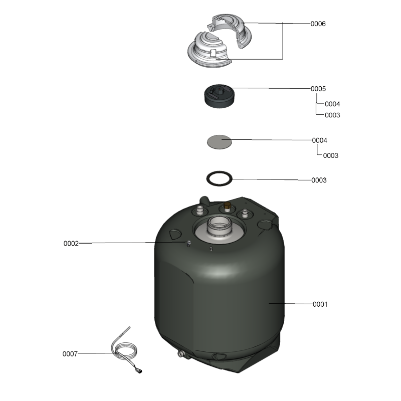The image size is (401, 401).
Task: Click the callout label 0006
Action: (318, 24)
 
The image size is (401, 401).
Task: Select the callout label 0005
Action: (318, 89)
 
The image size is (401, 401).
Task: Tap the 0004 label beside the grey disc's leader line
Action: (319, 140)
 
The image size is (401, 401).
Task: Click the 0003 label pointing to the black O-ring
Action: (319, 180)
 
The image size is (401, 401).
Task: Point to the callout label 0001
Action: (320, 304)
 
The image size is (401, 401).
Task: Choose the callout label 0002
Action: (71, 243)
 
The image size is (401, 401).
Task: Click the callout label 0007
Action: (70, 354)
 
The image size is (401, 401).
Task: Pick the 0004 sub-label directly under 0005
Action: (332, 104)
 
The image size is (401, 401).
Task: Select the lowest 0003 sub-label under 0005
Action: (332, 115)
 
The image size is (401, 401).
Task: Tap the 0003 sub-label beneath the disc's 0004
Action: (330, 155)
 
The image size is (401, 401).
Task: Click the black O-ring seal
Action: (220, 171)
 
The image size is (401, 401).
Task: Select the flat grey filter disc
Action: (220, 142)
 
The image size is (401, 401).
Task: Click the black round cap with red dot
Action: (220, 96)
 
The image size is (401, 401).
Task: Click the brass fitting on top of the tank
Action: (227, 207)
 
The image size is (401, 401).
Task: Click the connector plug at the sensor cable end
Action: (140, 371)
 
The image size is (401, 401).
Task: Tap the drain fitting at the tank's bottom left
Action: (181, 354)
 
